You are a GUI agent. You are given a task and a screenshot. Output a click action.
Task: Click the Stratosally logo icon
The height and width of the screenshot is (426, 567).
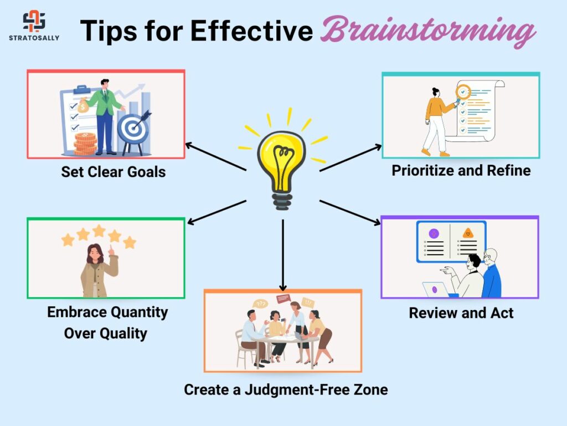point(34,21)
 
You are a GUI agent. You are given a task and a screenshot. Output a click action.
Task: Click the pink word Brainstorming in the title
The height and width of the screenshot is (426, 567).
point(428,32)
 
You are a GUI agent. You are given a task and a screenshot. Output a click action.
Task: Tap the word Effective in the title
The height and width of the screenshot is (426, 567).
point(251,31)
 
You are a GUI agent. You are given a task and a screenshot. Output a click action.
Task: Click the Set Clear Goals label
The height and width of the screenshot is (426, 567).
point(113,172)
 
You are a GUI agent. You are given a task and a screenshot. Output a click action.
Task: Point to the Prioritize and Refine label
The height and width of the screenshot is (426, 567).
point(461,170)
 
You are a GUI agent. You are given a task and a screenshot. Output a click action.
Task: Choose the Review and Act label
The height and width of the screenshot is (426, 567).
point(461,313)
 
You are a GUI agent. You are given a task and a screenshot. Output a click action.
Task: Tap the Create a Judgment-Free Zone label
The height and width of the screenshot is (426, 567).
point(286,390)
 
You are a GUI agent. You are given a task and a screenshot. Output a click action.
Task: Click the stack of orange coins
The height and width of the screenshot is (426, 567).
point(85,144)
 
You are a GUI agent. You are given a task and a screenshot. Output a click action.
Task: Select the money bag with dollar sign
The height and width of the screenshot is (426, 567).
point(83,106)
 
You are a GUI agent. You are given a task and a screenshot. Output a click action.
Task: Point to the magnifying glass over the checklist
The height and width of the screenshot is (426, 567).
point(462,93)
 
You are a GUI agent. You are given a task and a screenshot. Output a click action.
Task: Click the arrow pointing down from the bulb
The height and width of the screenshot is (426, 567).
point(283,255)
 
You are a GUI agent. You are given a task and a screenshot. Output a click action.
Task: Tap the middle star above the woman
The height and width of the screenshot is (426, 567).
point(99,230)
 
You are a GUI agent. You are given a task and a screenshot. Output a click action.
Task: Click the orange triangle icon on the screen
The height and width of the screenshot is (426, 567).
point(468,233)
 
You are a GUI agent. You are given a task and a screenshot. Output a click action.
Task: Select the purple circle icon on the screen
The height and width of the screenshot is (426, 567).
point(434,234)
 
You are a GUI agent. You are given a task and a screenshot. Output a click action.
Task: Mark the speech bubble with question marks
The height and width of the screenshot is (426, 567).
point(260,304)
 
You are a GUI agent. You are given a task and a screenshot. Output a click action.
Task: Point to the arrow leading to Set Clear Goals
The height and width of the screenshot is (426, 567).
point(216,157)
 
